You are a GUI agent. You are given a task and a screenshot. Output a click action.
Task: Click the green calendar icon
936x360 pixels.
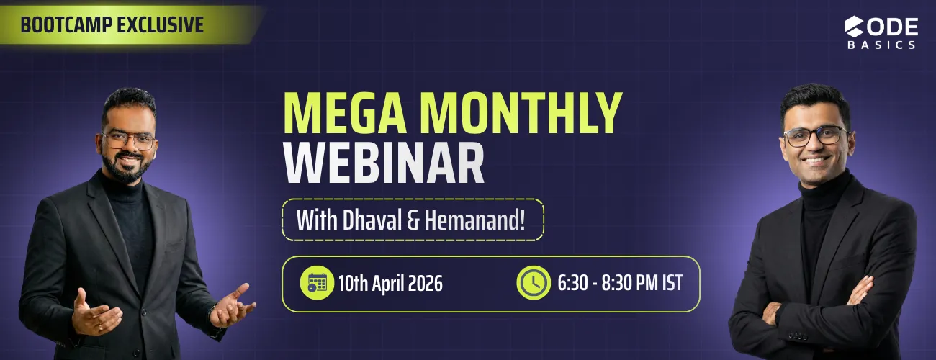tap(317, 283)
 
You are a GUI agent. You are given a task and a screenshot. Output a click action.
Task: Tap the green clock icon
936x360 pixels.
tap(534, 283)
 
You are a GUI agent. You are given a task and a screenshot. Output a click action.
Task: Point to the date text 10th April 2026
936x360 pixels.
tap(390, 284)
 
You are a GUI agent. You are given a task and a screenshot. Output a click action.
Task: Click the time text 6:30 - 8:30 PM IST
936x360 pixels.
tap(619, 283)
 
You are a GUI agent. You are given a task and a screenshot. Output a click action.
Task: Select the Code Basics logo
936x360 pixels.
tap(881, 32)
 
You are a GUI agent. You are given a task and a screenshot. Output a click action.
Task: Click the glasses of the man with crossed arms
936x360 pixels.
tap(814, 135)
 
